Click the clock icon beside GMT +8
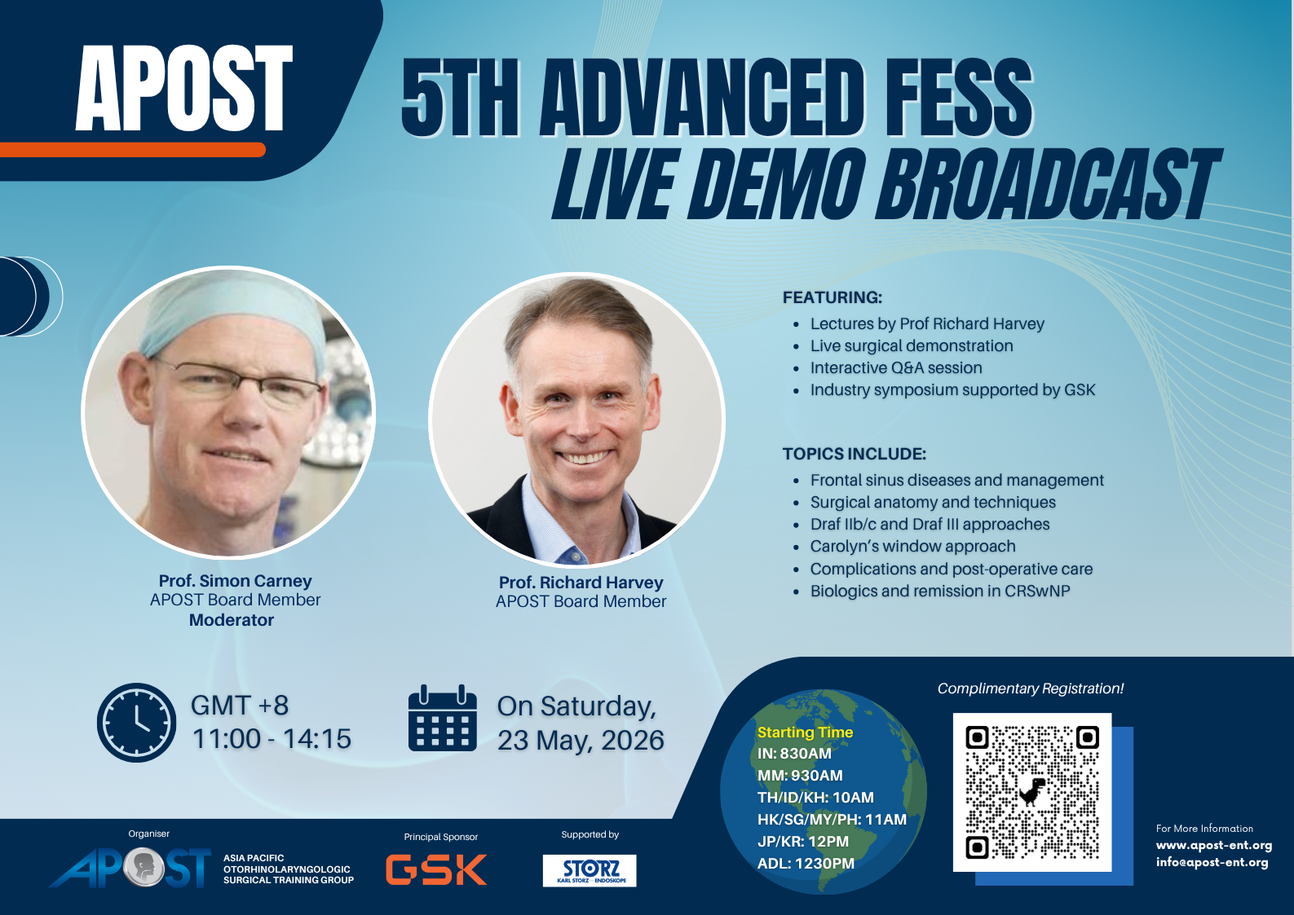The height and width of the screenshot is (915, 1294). click(136, 722)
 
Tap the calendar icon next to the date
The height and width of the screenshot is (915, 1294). click(443, 718)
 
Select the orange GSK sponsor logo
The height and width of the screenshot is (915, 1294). click(436, 869)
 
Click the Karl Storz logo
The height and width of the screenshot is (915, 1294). click(590, 870)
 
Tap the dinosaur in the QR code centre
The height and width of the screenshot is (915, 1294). click(1031, 791)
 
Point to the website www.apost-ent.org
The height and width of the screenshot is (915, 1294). click(1214, 845)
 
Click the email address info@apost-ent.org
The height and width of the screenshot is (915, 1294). click(1212, 863)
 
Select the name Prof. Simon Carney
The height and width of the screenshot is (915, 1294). click(235, 581)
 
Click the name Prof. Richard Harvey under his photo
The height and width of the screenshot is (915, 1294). click(581, 583)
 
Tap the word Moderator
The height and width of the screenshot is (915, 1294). click(232, 620)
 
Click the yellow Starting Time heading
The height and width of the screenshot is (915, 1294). click(805, 732)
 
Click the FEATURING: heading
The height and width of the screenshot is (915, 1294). click(832, 297)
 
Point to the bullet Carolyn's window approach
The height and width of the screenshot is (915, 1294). click(912, 546)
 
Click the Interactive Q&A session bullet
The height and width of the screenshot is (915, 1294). click(896, 367)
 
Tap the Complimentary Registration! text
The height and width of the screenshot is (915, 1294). click(1031, 688)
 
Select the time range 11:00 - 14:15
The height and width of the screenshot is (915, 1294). click(272, 739)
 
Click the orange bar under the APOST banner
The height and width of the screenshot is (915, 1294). click(132, 150)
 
